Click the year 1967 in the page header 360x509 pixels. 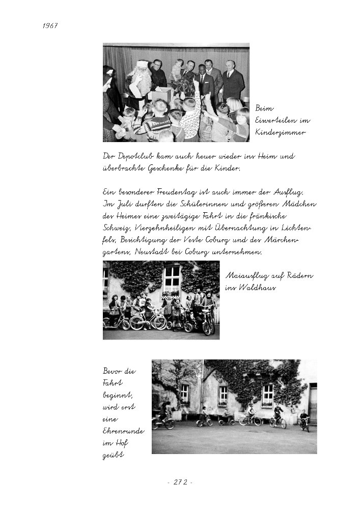[x=49, y=26]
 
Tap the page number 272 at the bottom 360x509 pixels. [x=180, y=482]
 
